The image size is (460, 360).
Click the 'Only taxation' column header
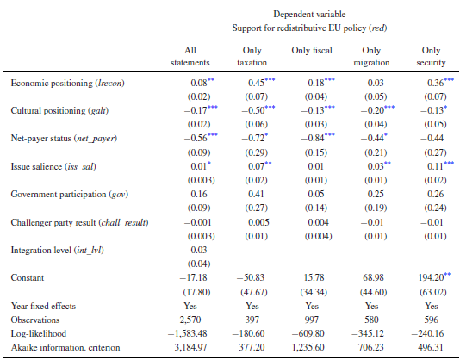pos(250,56)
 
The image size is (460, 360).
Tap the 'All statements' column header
pos(184,56)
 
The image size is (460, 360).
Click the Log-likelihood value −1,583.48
pos(184,333)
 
